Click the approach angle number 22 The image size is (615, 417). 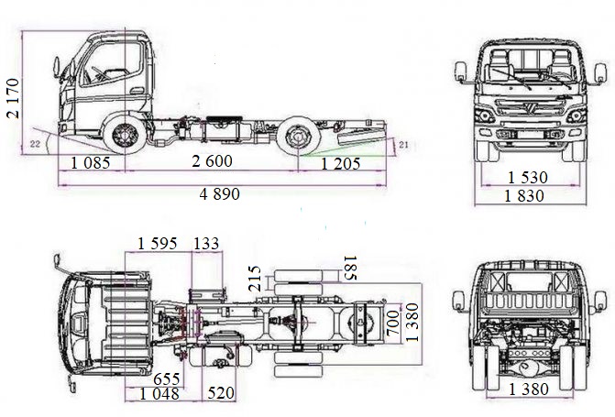tap(35, 145)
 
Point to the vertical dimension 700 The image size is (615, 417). tap(392, 322)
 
